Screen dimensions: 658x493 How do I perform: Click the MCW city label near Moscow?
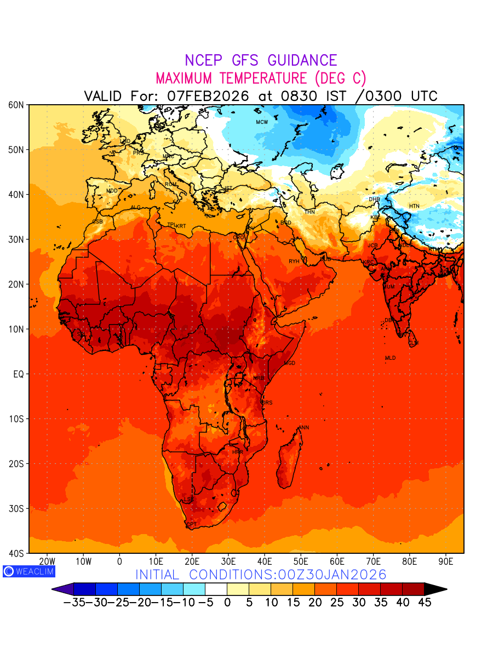click(262, 122)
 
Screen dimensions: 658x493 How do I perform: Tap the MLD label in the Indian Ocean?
click(390, 358)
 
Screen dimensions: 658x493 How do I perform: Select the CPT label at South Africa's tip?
click(192, 525)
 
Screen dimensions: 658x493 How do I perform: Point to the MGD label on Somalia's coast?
click(290, 364)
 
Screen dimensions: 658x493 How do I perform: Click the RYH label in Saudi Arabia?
click(294, 262)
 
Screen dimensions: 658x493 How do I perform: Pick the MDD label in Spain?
click(112, 191)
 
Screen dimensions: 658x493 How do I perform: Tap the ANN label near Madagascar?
click(303, 428)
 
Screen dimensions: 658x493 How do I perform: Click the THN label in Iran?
click(309, 212)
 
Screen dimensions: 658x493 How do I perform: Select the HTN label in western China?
click(414, 206)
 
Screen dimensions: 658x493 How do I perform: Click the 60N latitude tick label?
click(16, 105)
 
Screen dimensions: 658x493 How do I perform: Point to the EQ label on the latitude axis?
click(18, 374)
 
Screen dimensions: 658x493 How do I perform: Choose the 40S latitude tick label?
click(16, 553)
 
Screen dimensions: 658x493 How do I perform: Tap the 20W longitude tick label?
click(48, 562)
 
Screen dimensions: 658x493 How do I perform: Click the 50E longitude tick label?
click(301, 562)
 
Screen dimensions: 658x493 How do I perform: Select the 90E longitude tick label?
click(446, 562)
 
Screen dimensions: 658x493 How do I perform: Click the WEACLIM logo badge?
click(28, 571)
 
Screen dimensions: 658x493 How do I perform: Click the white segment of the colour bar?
click(216, 589)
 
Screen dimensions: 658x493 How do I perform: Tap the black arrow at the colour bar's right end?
click(435, 589)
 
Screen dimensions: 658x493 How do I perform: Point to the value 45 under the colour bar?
click(425, 603)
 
